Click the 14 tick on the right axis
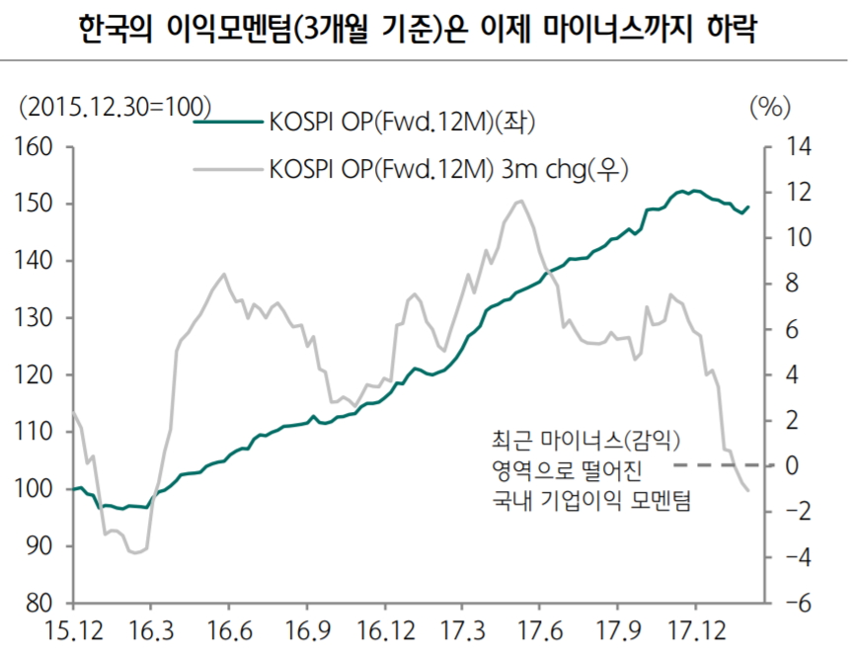[797, 147]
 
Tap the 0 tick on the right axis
[791, 465]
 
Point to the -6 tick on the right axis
[795, 603]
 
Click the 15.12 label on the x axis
[71, 631]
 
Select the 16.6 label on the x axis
[228, 631]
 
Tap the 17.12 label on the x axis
[695, 631]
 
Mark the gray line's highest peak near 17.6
[519, 201]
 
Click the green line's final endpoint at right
[748, 206]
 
